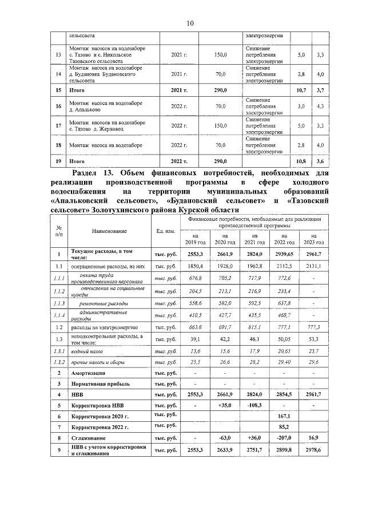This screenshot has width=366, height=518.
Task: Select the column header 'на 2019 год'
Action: pos(196,239)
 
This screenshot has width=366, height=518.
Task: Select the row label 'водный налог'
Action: pos(87,350)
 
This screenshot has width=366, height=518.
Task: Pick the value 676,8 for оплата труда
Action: pos(196,278)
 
